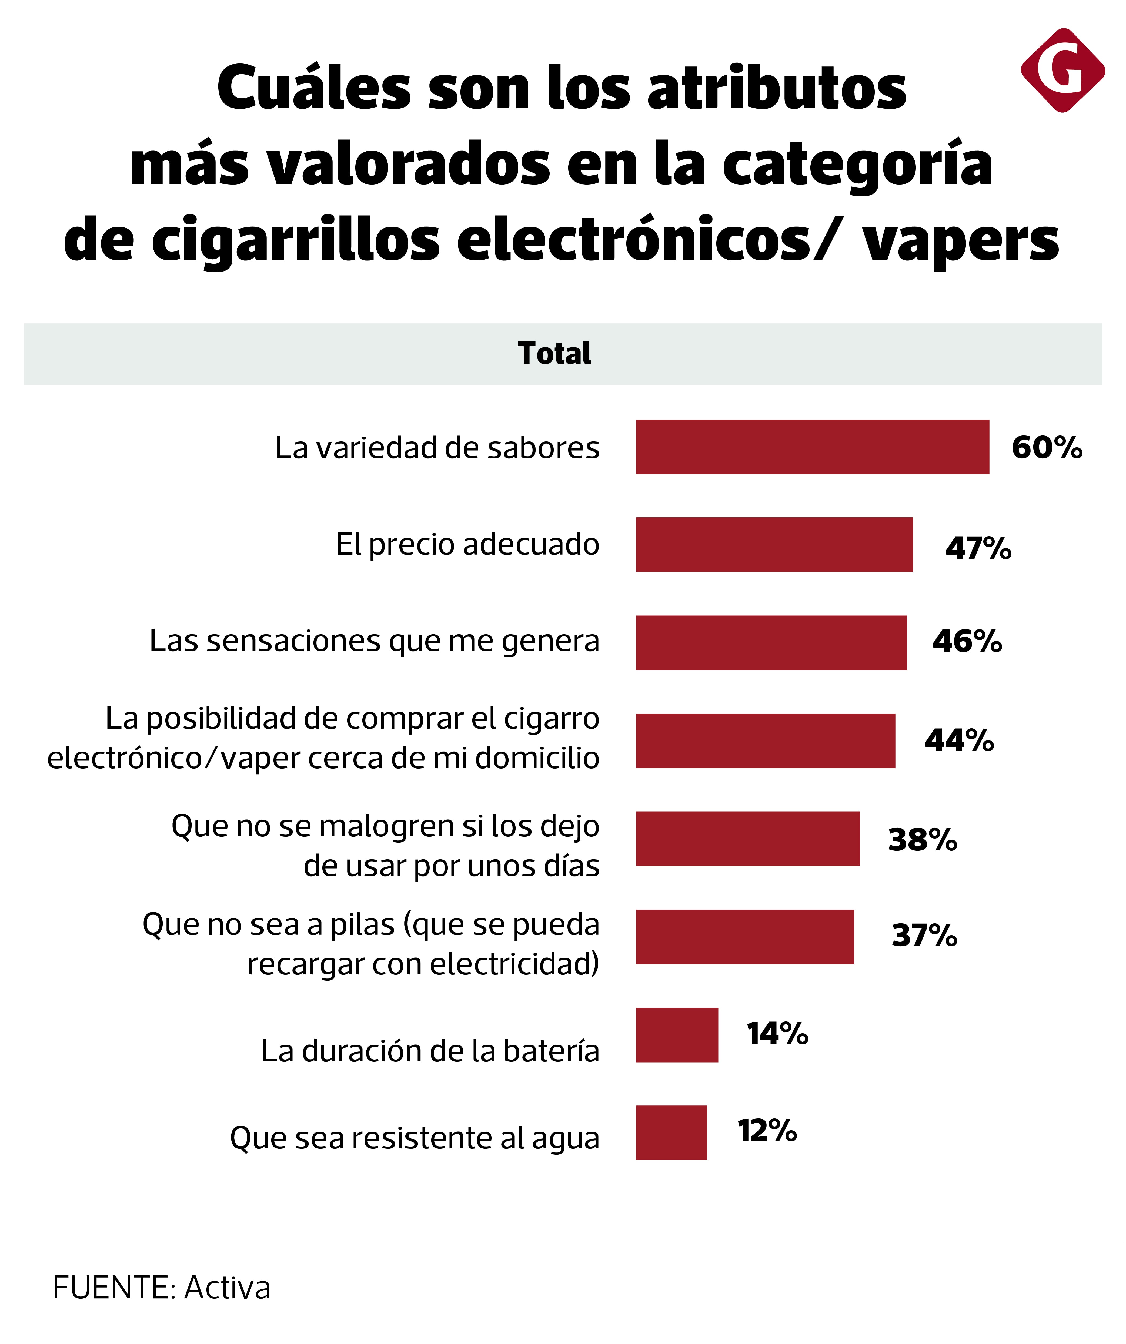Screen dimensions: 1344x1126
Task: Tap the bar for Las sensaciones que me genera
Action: pos(771,643)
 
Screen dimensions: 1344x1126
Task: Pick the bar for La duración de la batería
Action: pos(677,1035)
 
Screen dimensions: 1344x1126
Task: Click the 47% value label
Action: pos(978,548)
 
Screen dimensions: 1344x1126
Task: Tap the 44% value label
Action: pos(959,740)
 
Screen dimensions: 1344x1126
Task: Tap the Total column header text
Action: pos(554,353)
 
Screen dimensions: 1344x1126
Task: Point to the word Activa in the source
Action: pos(227,1288)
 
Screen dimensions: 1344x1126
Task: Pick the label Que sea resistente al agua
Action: pos(415,1139)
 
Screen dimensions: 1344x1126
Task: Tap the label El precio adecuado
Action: pos(467,545)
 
